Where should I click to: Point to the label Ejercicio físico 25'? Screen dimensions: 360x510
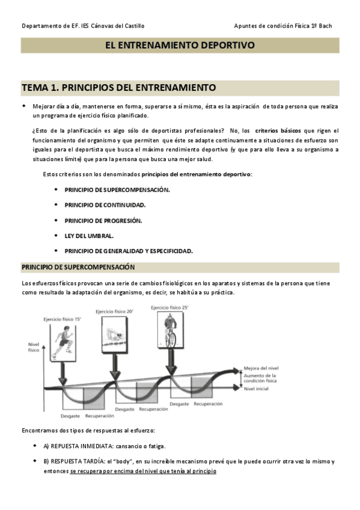(170, 307)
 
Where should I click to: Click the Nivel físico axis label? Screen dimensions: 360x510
(34, 347)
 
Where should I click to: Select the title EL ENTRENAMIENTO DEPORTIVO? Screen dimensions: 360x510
(180, 45)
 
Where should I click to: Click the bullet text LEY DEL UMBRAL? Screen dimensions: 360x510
(89, 235)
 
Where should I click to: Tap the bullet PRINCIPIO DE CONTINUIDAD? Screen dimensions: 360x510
(105, 204)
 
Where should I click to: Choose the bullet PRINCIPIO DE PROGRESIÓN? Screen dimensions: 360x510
(103, 220)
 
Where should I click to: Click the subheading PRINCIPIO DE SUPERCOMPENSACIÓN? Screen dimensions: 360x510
(78, 267)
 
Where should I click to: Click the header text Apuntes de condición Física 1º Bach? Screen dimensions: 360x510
(282, 26)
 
